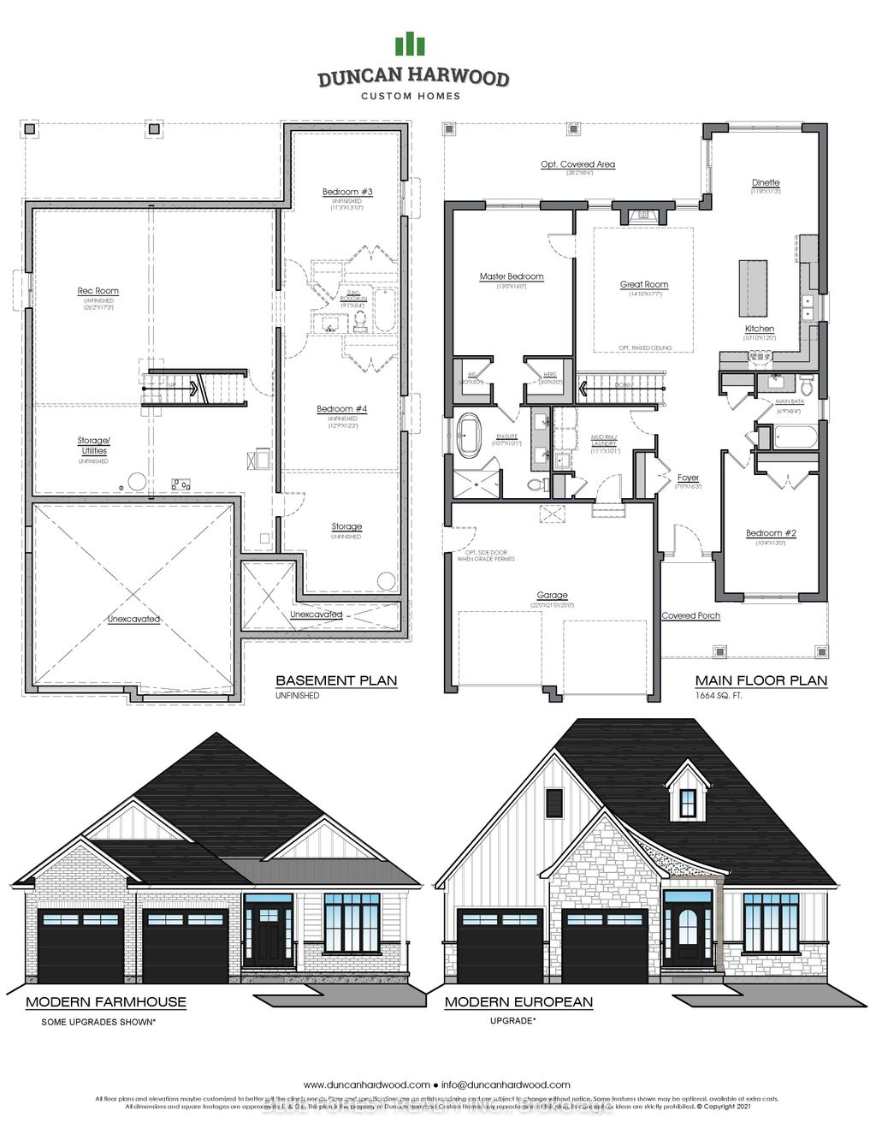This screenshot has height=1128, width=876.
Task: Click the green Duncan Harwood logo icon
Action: [410, 45]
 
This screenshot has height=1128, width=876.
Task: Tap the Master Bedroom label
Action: [512, 276]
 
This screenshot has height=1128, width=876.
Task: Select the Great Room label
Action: [644, 284]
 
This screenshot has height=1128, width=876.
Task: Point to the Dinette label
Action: [766, 182]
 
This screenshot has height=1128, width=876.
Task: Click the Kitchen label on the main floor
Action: [760, 329]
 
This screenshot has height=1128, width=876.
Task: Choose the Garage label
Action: [552, 595]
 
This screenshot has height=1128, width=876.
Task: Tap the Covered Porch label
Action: [690, 615]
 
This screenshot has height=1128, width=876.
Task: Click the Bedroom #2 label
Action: [771, 533]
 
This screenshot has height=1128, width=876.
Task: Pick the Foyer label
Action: [688, 478]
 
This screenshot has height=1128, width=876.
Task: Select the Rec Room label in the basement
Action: [98, 291]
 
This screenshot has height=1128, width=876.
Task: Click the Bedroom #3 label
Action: [347, 191]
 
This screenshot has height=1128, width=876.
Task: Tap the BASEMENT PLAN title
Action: [336, 680]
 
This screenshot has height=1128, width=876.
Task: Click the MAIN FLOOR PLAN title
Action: [761, 680]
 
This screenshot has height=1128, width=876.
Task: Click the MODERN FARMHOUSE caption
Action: [106, 1001]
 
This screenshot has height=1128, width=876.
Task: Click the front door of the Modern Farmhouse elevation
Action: [269, 935]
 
